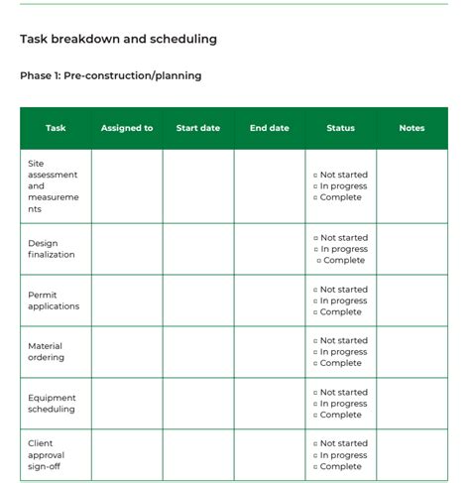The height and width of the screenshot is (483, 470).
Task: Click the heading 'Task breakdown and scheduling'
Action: [x=118, y=40]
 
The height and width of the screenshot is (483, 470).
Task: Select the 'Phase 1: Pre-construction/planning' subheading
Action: [x=110, y=75]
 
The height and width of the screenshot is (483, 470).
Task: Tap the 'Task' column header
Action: [x=56, y=128]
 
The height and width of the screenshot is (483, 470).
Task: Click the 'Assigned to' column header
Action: [x=127, y=128]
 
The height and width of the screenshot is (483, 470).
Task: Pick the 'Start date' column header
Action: [x=198, y=128]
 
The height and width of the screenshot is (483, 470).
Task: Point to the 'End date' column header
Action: [x=270, y=128]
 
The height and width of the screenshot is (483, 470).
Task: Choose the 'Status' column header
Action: [x=340, y=128]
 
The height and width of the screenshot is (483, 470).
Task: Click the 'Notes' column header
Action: [x=411, y=128]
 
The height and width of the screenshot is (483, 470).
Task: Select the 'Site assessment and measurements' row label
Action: [x=53, y=185]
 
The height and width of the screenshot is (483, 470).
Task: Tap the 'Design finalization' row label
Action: [x=51, y=249]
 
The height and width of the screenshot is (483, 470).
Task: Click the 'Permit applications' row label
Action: [x=53, y=301]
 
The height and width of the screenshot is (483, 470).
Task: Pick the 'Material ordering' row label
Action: [x=47, y=351]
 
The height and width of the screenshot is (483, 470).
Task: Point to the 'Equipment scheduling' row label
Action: [x=52, y=404]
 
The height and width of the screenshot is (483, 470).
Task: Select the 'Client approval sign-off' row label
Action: [x=47, y=455]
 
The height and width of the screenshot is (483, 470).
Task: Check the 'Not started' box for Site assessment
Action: [x=315, y=176]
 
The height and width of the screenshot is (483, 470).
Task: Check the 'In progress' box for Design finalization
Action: [x=315, y=250]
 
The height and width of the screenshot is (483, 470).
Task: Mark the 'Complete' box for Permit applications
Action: [x=315, y=312]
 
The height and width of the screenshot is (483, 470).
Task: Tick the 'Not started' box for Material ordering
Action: [x=315, y=341]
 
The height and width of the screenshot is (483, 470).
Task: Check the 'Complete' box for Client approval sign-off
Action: [x=315, y=467]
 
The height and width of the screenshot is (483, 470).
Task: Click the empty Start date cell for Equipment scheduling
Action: [x=198, y=404]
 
